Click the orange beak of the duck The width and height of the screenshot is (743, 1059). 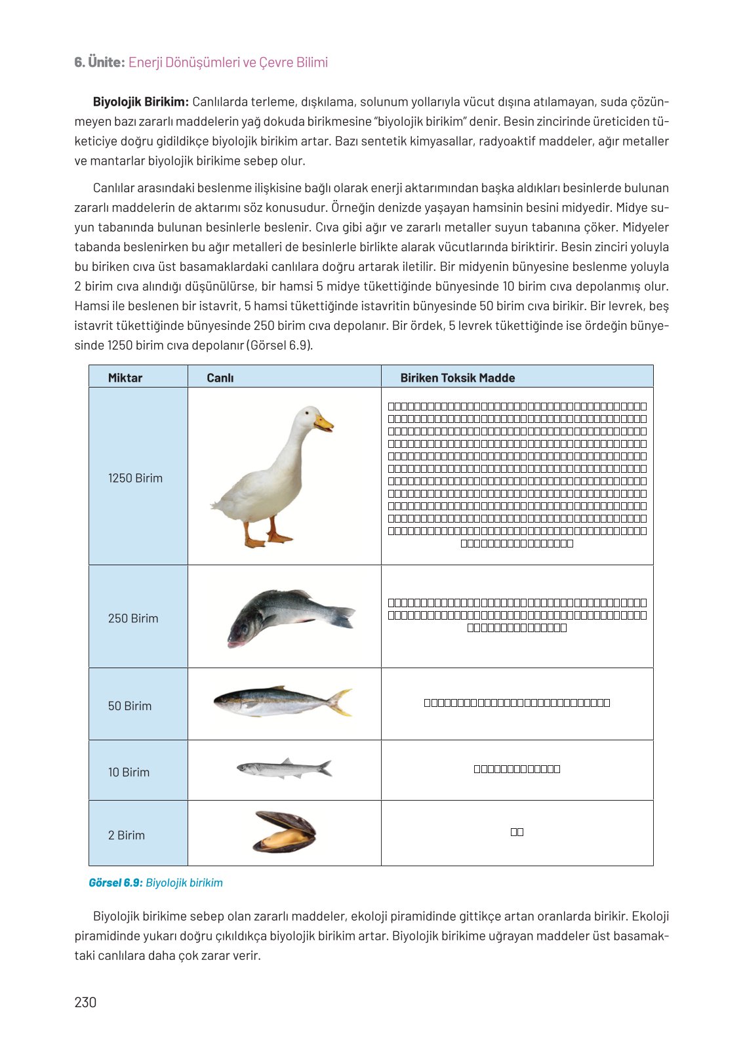pos(324,423)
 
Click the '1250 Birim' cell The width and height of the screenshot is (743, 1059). pos(136,478)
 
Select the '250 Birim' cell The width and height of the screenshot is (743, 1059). pos(133,618)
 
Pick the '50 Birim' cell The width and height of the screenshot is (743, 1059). pos(130,706)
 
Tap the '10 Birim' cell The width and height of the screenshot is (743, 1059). pos(129,772)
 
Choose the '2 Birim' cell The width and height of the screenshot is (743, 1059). pos(127,835)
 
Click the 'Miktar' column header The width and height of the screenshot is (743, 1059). pos(125,378)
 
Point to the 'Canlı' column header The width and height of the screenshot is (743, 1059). pos(220,378)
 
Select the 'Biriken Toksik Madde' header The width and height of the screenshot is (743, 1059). pos(458,378)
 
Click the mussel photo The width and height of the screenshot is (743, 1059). pos(285,832)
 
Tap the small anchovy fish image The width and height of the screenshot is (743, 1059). pos(284,768)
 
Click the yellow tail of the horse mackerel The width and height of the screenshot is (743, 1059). pos(341,702)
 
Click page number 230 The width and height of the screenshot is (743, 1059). pos(85,1002)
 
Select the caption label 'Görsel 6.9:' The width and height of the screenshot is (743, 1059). pos(115,883)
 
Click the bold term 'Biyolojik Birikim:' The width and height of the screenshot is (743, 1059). pos(141,102)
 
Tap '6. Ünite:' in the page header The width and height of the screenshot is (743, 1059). pos(99,62)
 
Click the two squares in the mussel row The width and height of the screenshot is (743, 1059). pos(517,832)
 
